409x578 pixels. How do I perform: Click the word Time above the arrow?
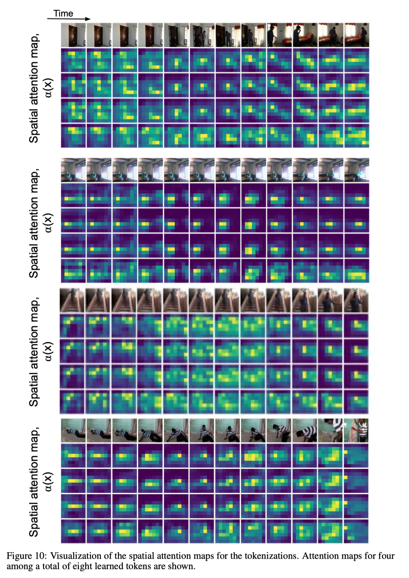(63, 13)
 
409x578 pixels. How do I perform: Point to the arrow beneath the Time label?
(69, 19)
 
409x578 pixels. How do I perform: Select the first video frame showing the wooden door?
(73, 35)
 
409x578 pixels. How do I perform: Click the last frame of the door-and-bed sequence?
(356, 35)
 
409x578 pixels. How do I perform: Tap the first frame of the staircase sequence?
(72, 300)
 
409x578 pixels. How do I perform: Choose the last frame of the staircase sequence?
(356, 300)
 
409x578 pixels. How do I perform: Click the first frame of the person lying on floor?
(73, 430)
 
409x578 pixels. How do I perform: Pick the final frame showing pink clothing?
(356, 430)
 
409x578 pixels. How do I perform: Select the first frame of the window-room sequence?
(73, 169)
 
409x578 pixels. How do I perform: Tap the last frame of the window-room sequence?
(356, 169)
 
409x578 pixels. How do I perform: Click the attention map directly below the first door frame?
(73, 60)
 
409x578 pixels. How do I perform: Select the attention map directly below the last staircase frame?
(356, 326)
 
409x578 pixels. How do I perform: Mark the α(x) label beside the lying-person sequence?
(48, 482)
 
